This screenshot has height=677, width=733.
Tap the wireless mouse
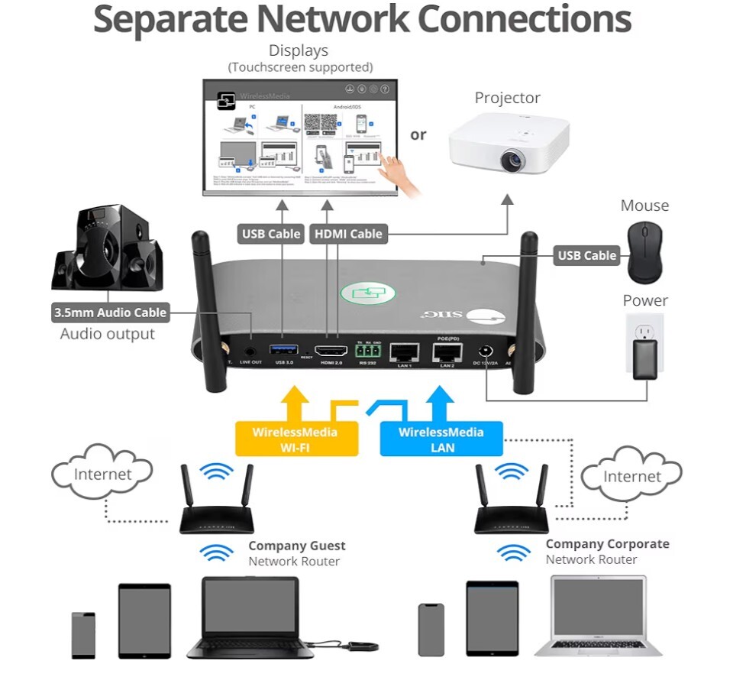645,253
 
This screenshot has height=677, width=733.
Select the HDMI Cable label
348,234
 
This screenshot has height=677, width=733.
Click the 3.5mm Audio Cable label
110,313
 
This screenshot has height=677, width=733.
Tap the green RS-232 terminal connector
368,351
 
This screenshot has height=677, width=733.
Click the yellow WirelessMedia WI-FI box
296,439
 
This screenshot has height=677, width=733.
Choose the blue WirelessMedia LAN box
441,439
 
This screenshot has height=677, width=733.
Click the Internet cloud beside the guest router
102,473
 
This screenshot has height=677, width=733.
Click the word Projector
507,98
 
